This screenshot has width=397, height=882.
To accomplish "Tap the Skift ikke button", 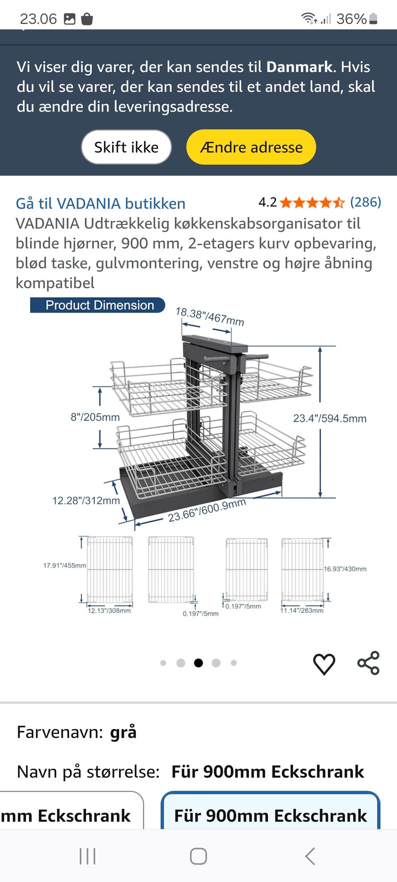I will pyautogui.click(x=126, y=147).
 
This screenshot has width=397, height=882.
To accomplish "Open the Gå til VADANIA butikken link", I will pyautogui.click(x=100, y=203).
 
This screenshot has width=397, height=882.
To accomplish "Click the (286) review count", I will pyautogui.click(x=365, y=202).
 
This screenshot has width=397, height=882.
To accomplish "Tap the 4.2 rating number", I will pyautogui.click(x=268, y=202).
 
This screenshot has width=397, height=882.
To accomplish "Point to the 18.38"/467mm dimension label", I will pyautogui.click(x=210, y=316).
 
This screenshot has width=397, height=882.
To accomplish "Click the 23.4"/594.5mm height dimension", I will pyautogui.click(x=330, y=418).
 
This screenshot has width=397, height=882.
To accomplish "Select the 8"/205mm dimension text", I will pyautogui.click(x=95, y=417).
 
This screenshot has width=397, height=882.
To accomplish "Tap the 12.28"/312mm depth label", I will pyautogui.click(x=86, y=501).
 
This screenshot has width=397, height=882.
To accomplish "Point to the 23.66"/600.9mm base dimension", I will pyautogui.click(x=207, y=510).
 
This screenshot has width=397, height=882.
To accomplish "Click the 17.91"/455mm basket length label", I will pyautogui.click(x=65, y=565).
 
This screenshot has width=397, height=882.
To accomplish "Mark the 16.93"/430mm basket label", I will pyautogui.click(x=345, y=569).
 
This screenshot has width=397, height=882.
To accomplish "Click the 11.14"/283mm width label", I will pyautogui.click(x=302, y=610).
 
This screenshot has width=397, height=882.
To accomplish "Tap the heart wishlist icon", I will pyautogui.click(x=324, y=664).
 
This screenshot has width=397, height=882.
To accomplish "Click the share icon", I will pyautogui.click(x=368, y=663).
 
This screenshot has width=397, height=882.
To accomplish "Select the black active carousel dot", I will pyautogui.click(x=198, y=663).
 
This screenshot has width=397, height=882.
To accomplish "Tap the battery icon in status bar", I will pyautogui.click(x=373, y=19).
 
